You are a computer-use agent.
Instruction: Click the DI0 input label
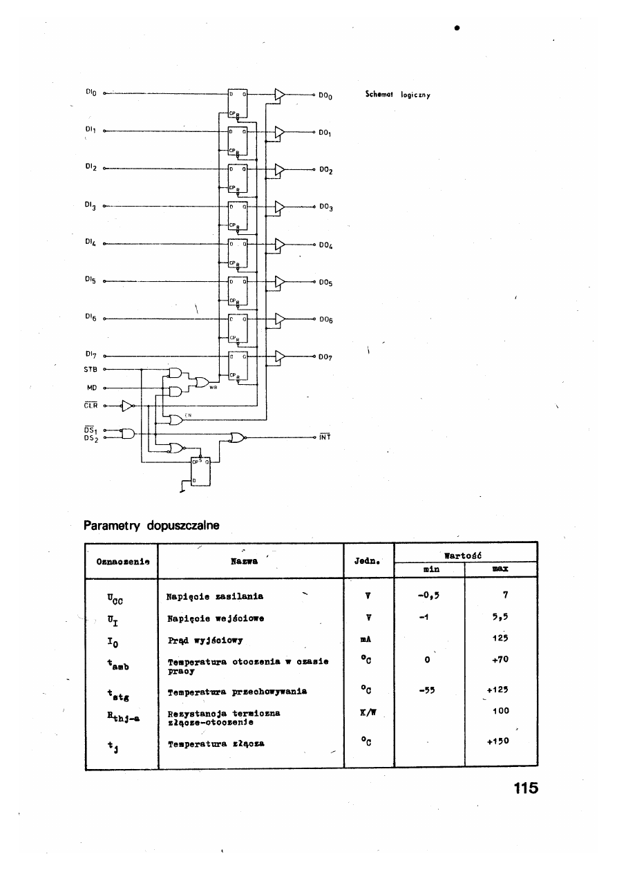(91, 92)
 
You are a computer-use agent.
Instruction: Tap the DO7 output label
(326, 358)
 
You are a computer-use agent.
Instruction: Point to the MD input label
(91, 388)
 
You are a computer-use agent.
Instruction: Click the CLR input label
(91, 406)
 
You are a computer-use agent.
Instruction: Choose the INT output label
(325, 437)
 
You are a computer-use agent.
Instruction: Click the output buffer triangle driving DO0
(279, 94)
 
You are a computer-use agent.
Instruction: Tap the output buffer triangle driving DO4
(279, 244)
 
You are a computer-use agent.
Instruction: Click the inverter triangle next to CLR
(128, 406)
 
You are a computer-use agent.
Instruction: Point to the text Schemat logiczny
(397, 95)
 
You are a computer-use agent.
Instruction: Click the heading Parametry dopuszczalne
(151, 526)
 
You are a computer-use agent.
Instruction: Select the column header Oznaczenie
(121, 562)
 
